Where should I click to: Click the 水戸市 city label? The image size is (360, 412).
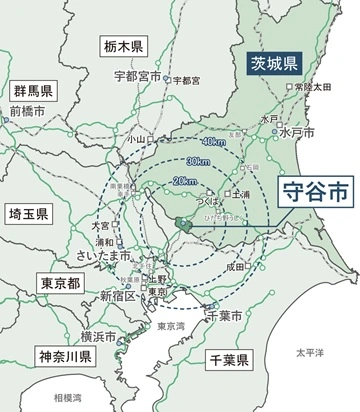[x=297, y=132]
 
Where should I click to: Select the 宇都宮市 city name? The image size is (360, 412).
[x=137, y=75]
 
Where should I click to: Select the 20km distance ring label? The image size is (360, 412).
[x=184, y=180]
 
